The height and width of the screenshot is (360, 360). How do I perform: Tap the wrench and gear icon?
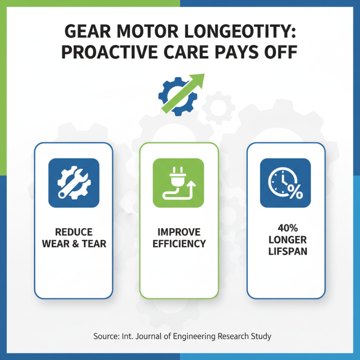point(73,183)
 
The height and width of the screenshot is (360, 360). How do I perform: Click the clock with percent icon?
point(285,183)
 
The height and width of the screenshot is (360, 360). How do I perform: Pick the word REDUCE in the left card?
point(73,232)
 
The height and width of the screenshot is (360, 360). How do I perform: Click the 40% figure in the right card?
point(286,228)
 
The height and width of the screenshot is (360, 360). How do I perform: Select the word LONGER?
point(286,239)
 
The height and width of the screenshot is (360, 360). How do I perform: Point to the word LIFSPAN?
point(286,251)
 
